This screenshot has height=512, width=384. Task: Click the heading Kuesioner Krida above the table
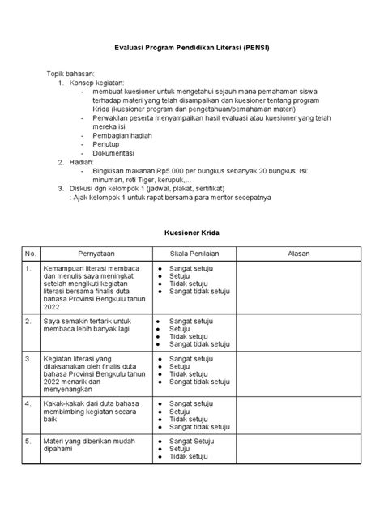pos(192,233)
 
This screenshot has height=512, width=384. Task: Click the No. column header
pos(30,253)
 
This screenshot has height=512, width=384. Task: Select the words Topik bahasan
pos(71,73)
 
